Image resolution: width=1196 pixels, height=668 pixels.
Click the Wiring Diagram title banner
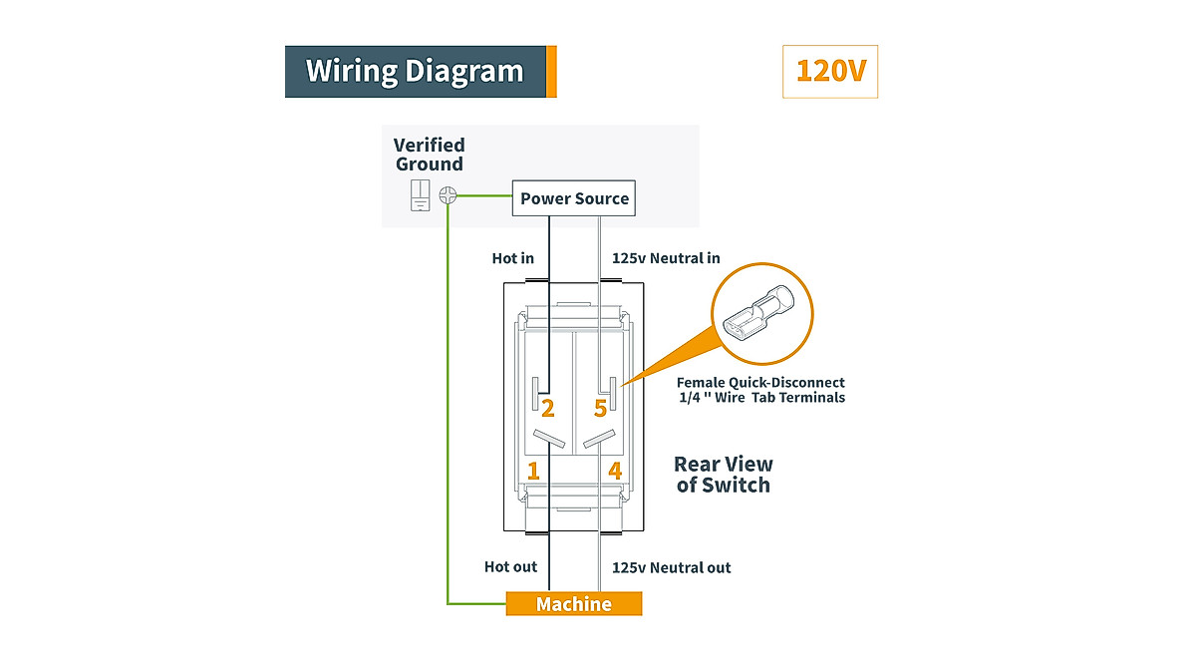[x=421, y=72]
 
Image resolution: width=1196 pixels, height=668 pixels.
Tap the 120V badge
[x=830, y=72]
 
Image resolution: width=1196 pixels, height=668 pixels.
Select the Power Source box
[x=574, y=198]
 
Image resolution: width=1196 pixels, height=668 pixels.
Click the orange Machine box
[x=574, y=604]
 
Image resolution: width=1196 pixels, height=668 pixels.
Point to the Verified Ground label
[x=430, y=155]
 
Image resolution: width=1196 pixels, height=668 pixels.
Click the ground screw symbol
[x=448, y=195]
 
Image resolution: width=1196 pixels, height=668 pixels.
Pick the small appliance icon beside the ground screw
[x=421, y=195]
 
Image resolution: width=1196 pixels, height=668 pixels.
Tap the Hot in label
[x=512, y=258]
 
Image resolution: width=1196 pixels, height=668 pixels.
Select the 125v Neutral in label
[x=666, y=258]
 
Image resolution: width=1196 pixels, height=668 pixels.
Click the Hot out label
[x=510, y=567]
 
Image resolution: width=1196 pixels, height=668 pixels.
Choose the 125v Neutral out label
[x=671, y=567]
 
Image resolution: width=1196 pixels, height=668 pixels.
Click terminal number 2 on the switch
[x=548, y=409]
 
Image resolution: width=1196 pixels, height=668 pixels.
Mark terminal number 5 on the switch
[x=601, y=409]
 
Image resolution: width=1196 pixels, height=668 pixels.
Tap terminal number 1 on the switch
[x=533, y=471]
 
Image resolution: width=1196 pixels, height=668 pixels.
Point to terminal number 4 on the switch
[x=615, y=471]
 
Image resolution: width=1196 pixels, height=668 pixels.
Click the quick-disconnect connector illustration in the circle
[x=758, y=315]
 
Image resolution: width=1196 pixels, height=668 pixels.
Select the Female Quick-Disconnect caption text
[x=760, y=390]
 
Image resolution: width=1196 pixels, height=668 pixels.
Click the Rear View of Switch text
[x=724, y=475]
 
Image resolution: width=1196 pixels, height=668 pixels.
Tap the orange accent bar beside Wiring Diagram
[x=551, y=72]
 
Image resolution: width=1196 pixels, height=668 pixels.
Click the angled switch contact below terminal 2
[x=549, y=439]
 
